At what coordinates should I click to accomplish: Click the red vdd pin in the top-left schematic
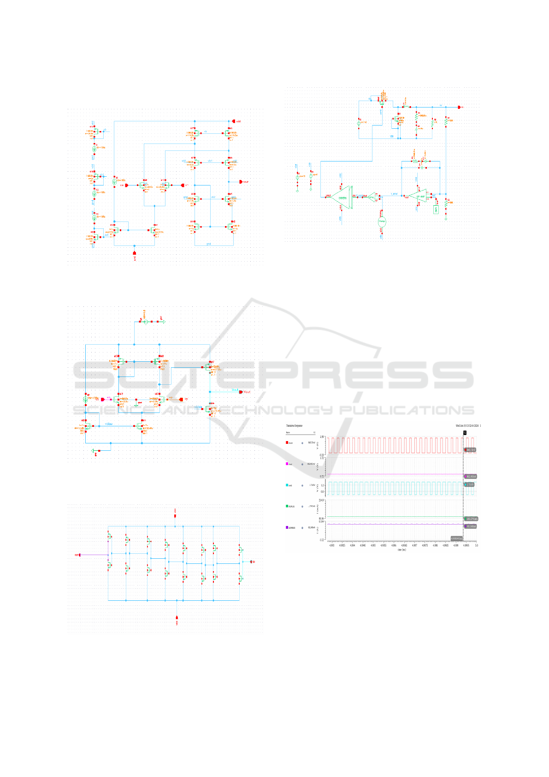[x=233, y=121]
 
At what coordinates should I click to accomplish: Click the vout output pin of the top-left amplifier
[x=241, y=182]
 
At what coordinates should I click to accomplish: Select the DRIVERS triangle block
[x=342, y=197]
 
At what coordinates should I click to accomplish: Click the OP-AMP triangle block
[x=419, y=196]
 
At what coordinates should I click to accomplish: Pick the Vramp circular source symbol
[x=382, y=222]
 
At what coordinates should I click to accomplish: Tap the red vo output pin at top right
[x=459, y=107]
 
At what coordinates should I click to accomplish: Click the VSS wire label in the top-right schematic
[x=392, y=137]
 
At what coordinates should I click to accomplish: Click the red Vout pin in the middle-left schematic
[x=241, y=392]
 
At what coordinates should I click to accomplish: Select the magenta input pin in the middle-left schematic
[x=103, y=399]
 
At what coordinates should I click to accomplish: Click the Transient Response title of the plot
[x=294, y=425]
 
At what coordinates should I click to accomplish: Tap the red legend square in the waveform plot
[x=287, y=442]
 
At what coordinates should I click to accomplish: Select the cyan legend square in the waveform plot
[x=287, y=485]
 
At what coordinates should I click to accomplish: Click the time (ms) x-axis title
[x=401, y=550]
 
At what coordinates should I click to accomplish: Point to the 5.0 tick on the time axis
[x=476, y=545]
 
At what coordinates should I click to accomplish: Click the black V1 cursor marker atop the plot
[x=465, y=432]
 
